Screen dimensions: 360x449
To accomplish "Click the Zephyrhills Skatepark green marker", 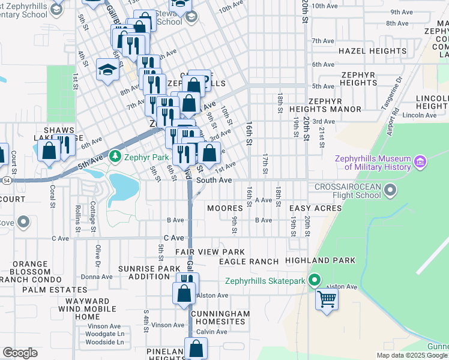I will [314, 280].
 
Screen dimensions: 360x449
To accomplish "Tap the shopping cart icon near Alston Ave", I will [327, 298].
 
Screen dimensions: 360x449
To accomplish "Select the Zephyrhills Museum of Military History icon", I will [420, 162].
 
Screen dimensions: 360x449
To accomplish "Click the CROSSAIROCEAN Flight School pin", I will [391, 191].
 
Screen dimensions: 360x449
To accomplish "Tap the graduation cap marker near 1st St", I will [107, 70].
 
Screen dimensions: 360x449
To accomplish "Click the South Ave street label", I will [214, 180].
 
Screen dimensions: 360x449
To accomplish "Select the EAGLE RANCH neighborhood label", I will [249, 262].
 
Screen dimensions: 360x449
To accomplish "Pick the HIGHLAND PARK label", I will [320, 260].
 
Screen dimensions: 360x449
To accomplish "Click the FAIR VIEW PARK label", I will [210, 251].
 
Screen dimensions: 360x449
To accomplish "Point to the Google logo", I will [20, 353].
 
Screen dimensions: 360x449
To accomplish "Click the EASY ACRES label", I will [315, 208].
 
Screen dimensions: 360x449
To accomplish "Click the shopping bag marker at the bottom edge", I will [196, 349].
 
